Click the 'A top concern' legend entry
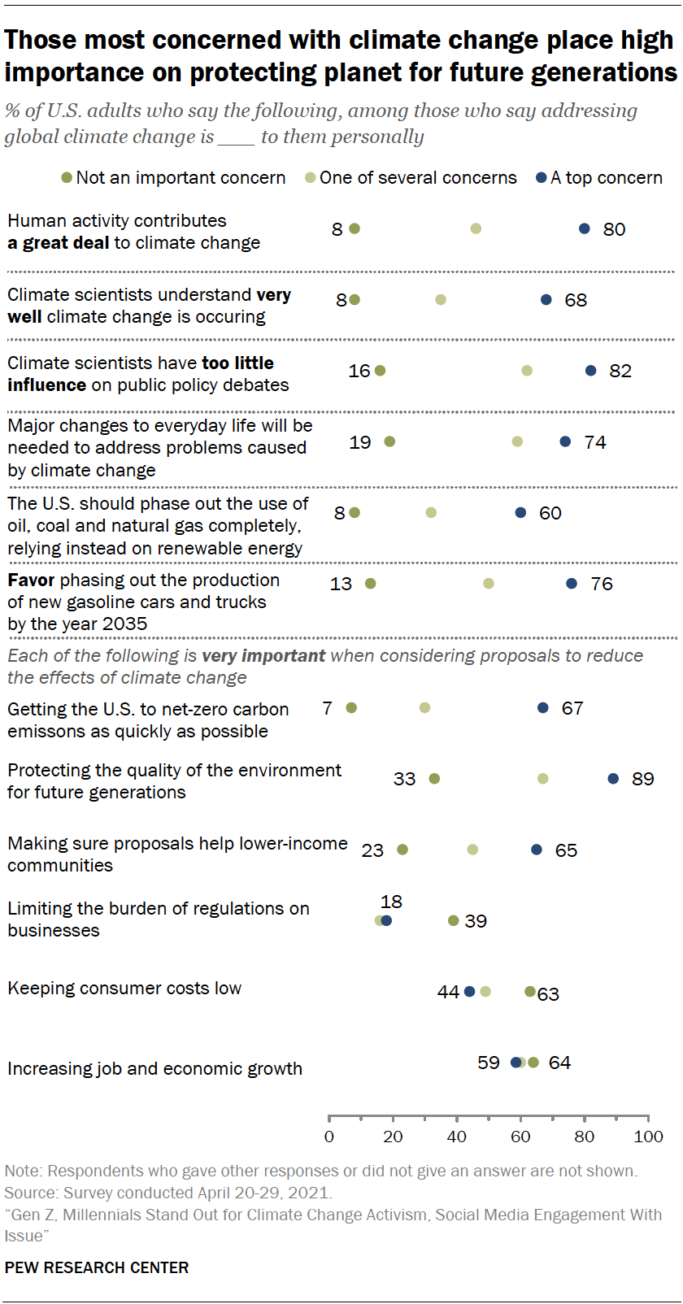coord(599,177)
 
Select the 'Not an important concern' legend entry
coord(173,177)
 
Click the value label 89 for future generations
coord(642,779)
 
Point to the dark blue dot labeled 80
coord(585,228)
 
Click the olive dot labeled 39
coord(454,920)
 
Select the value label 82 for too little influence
coord(620,371)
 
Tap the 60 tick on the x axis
coord(520,1137)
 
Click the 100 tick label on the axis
coord(648,1137)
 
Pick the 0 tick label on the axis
coord(328,1137)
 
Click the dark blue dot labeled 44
coord(469,991)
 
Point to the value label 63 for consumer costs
coord(549,993)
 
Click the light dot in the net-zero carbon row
coord(424,708)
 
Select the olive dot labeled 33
coord(434,779)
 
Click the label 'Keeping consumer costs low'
coord(124,988)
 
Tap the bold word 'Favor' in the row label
coord(31,580)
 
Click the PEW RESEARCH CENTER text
coord(96,1267)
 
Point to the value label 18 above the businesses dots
coord(391,901)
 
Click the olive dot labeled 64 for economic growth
coord(533,1063)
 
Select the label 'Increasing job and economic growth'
coord(154,1068)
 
